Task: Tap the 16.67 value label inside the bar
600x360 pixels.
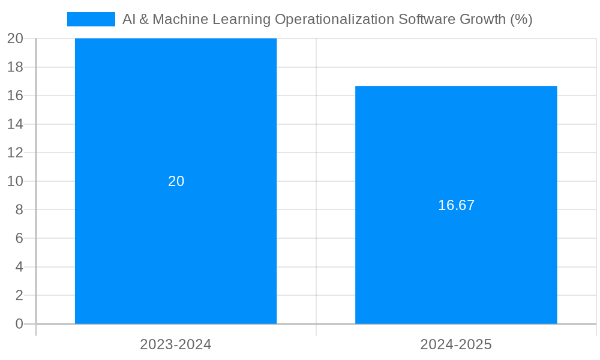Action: [x=456, y=205]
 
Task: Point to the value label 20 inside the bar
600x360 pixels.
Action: [x=176, y=181]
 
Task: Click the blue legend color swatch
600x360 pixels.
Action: [x=91, y=19]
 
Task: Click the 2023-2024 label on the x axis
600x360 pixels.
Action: [x=176, y=344]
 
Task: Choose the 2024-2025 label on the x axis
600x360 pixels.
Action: [x=456, y=344]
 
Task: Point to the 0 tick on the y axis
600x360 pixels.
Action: [x=19, y=324]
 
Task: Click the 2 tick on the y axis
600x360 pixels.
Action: [x=19, y=295]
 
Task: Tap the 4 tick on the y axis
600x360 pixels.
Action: [x=19, y=267]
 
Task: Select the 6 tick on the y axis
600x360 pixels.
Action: [x=19, y=238]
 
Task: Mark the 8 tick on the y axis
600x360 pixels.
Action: [x=19, y=210]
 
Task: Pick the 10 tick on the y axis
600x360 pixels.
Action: [x=15, y=181]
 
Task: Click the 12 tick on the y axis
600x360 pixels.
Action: [x=15, y=152]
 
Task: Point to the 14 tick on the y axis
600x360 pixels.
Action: [x=15, y=124]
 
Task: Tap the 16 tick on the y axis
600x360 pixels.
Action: [x=15, y=95]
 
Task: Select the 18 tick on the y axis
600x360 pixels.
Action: [x=15, y=67]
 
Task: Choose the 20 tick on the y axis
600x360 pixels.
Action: [x=15, y=38]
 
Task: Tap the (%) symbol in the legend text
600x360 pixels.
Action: [x=521, y=19]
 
